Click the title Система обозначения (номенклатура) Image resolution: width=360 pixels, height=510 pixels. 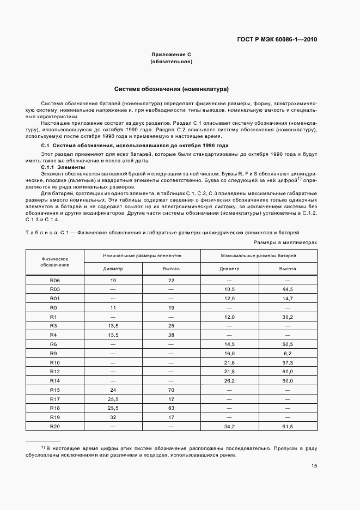[171, 88]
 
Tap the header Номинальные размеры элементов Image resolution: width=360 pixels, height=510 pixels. [143, 255]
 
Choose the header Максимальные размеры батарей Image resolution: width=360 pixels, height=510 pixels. [259, 255]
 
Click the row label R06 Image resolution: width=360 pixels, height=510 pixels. [54, 280]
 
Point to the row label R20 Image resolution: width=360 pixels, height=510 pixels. [54, 426]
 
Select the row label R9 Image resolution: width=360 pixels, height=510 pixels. [54, 353]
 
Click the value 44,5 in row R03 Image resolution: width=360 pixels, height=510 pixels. [288, 289]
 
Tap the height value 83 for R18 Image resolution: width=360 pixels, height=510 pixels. [171, 408]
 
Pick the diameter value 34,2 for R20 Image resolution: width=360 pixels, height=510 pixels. [229, 426]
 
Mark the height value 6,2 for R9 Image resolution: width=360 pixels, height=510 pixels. [288, 353]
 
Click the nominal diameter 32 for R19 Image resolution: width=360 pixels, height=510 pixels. [113, 417]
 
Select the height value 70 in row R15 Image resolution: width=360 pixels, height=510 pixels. [171, 390]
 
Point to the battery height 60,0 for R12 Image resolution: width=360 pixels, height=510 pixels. [288, 371]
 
